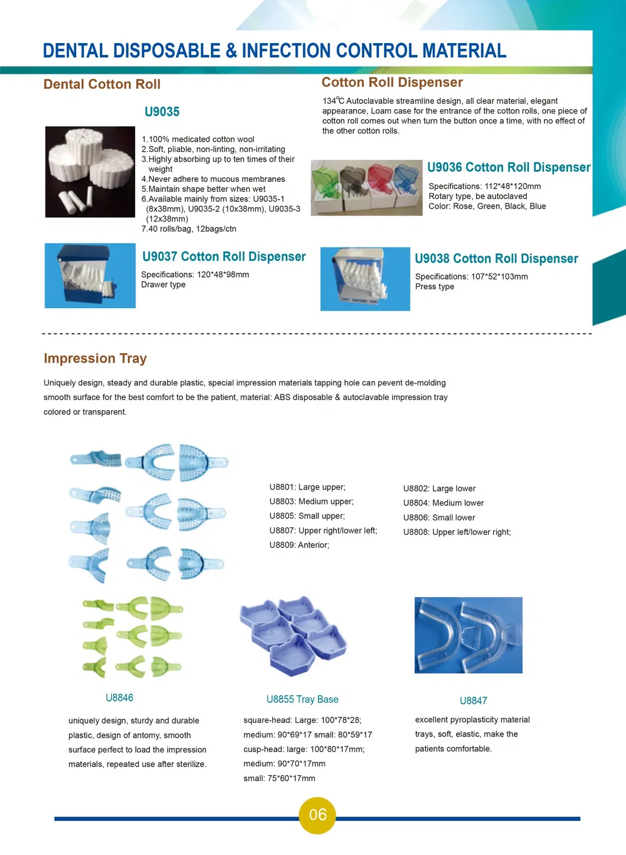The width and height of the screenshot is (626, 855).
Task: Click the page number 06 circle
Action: (x=317, y=815)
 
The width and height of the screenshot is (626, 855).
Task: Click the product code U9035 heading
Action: (x=162, y=112)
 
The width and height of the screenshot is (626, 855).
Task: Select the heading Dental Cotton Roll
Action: (x=102, y=84)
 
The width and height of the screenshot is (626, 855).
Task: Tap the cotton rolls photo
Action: (x=90, y=172)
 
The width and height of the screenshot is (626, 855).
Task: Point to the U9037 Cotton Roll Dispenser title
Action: (x=224, y=257)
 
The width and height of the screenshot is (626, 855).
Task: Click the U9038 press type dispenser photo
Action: (x=365, y=279)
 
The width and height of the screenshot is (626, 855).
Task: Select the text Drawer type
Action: (x=164, y=285)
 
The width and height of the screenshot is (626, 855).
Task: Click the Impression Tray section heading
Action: (x=95, y=358)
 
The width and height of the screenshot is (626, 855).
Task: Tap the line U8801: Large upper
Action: (x=307, y=487)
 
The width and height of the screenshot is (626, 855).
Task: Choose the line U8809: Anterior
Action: (x=299, y=545)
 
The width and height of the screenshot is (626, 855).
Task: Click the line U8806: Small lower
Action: (x=439, y=518)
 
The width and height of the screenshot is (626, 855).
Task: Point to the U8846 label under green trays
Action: (x=119, y=698)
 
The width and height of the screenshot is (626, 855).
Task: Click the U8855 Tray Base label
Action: (x=302, y=700)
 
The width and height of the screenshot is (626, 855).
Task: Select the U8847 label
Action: (x=473, y=701)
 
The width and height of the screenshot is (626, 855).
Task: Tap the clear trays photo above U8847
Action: (x=468, y=635)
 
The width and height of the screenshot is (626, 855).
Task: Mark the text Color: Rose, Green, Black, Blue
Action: (x=487, y=207)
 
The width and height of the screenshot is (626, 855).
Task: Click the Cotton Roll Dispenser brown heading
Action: (x=392, y=83)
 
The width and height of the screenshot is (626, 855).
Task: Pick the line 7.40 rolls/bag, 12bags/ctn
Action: (x=189, y=229)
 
